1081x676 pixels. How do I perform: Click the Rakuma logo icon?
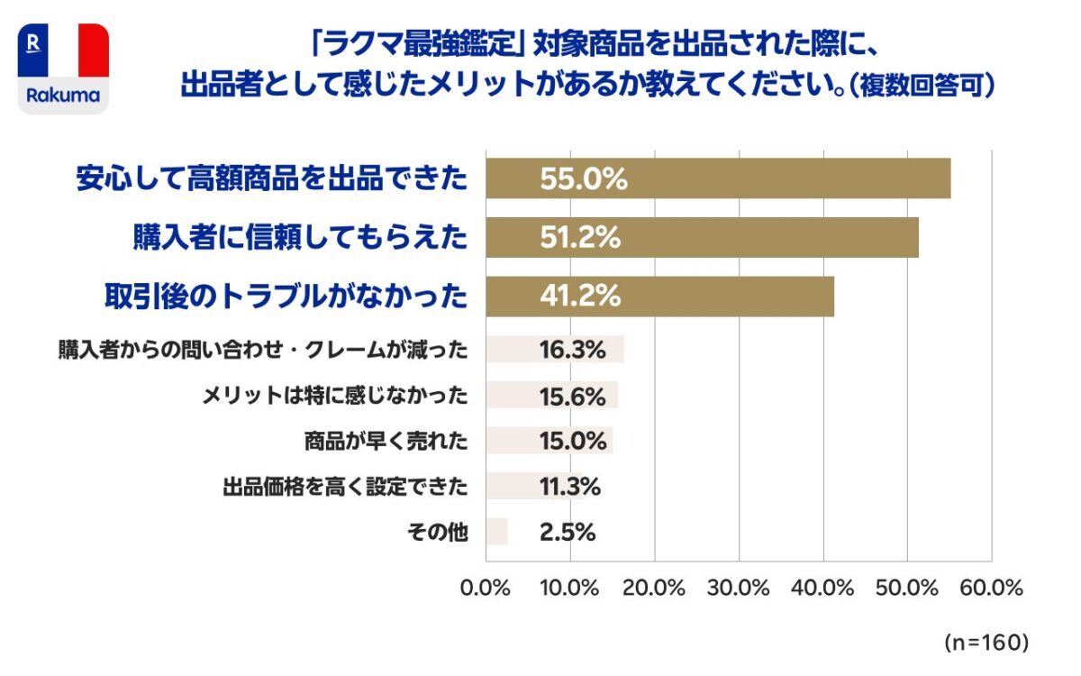click(x=63, y=69)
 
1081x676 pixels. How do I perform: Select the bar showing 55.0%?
click(x=718, y=178)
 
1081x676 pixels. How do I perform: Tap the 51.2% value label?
click(x=580, y=238)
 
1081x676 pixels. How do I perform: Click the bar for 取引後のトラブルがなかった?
click(x=659, y=297)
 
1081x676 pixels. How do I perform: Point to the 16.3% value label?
click(x=572, y=350)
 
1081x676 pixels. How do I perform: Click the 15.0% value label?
click(x=572, y=441)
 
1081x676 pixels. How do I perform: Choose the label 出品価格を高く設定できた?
click(x=345, y=488)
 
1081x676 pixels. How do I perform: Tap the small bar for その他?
click(x=496, y=532)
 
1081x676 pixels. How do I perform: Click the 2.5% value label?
click(x=568, y=532)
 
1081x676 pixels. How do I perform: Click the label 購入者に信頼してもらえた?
click(x=300, y=238)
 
